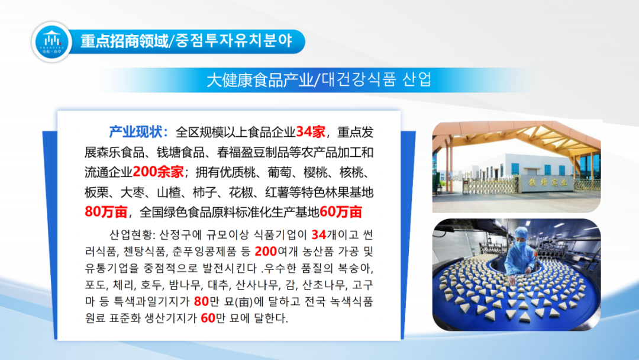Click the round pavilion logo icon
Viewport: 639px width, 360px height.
click(x=51, y=41)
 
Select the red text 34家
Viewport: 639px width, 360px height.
click(x=311, y=132)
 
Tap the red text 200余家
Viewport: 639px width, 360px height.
click(x=158, y=172)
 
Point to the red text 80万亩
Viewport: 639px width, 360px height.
click(x=106, y=212)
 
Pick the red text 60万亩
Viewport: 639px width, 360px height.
click(x=341, y=212)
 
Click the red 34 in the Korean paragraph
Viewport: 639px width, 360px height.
click(x=319, y=235)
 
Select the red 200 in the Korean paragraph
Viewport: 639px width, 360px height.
click(x=266, y=252)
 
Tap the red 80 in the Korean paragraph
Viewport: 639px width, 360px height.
click(x=201, y=301)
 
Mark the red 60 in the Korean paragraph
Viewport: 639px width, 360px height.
click(x=208, y=318)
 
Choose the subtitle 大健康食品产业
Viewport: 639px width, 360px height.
click(x=260, y=80)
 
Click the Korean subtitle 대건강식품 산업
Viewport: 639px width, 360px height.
click(x=376, y=79)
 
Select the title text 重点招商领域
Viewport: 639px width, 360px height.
click(x=124, y=41)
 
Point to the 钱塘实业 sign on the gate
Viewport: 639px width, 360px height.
click(x=547, y=182)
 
